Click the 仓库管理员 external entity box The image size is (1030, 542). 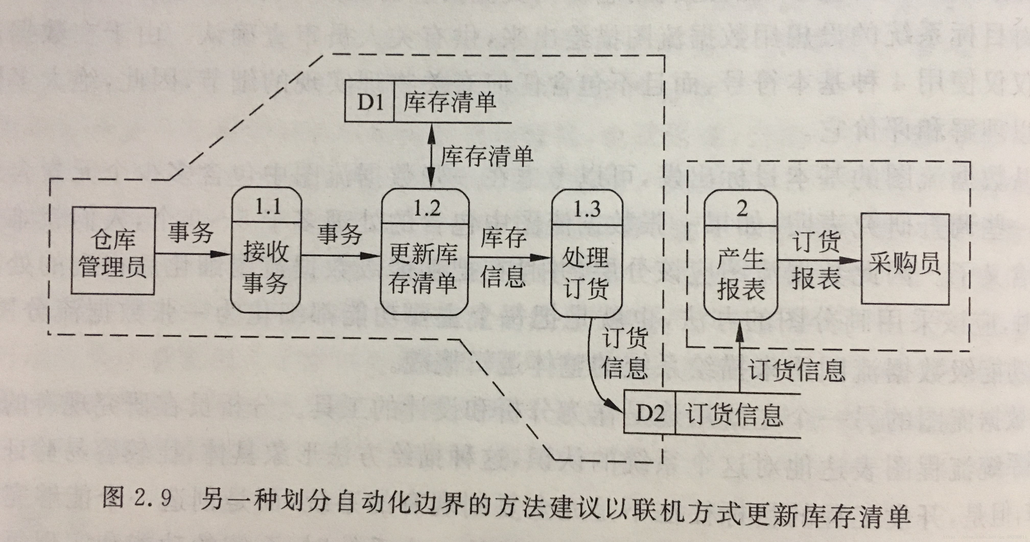tap(113, 251)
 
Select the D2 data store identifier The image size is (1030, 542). tap(649, 413)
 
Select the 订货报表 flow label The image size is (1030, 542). tap(816, 260)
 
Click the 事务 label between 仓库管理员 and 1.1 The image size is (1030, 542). tap(190, 232)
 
